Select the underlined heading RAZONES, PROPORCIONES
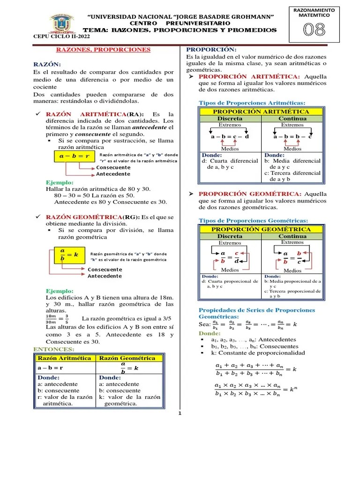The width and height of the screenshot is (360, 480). pos(104,49)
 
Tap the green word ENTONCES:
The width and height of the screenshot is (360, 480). pos(54,349)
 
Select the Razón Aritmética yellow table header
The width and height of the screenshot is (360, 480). pos(64,358)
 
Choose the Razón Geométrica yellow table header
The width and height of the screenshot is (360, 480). pos(129,358)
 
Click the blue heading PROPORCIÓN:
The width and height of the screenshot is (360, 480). pos(211,49)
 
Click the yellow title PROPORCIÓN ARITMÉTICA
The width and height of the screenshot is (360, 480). pos(261,112)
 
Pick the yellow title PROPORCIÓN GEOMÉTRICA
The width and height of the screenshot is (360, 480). pos(261,229)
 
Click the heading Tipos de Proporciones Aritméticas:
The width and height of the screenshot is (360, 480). pos(252,103)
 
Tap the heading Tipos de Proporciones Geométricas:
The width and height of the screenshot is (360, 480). pos(254,220)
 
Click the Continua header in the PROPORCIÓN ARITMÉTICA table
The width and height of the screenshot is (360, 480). pos(292,119)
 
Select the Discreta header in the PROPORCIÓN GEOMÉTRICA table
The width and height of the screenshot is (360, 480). pos(230,236)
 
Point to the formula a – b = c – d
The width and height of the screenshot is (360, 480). pos(230,136)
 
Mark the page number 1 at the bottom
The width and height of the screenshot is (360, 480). pos(180,413)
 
